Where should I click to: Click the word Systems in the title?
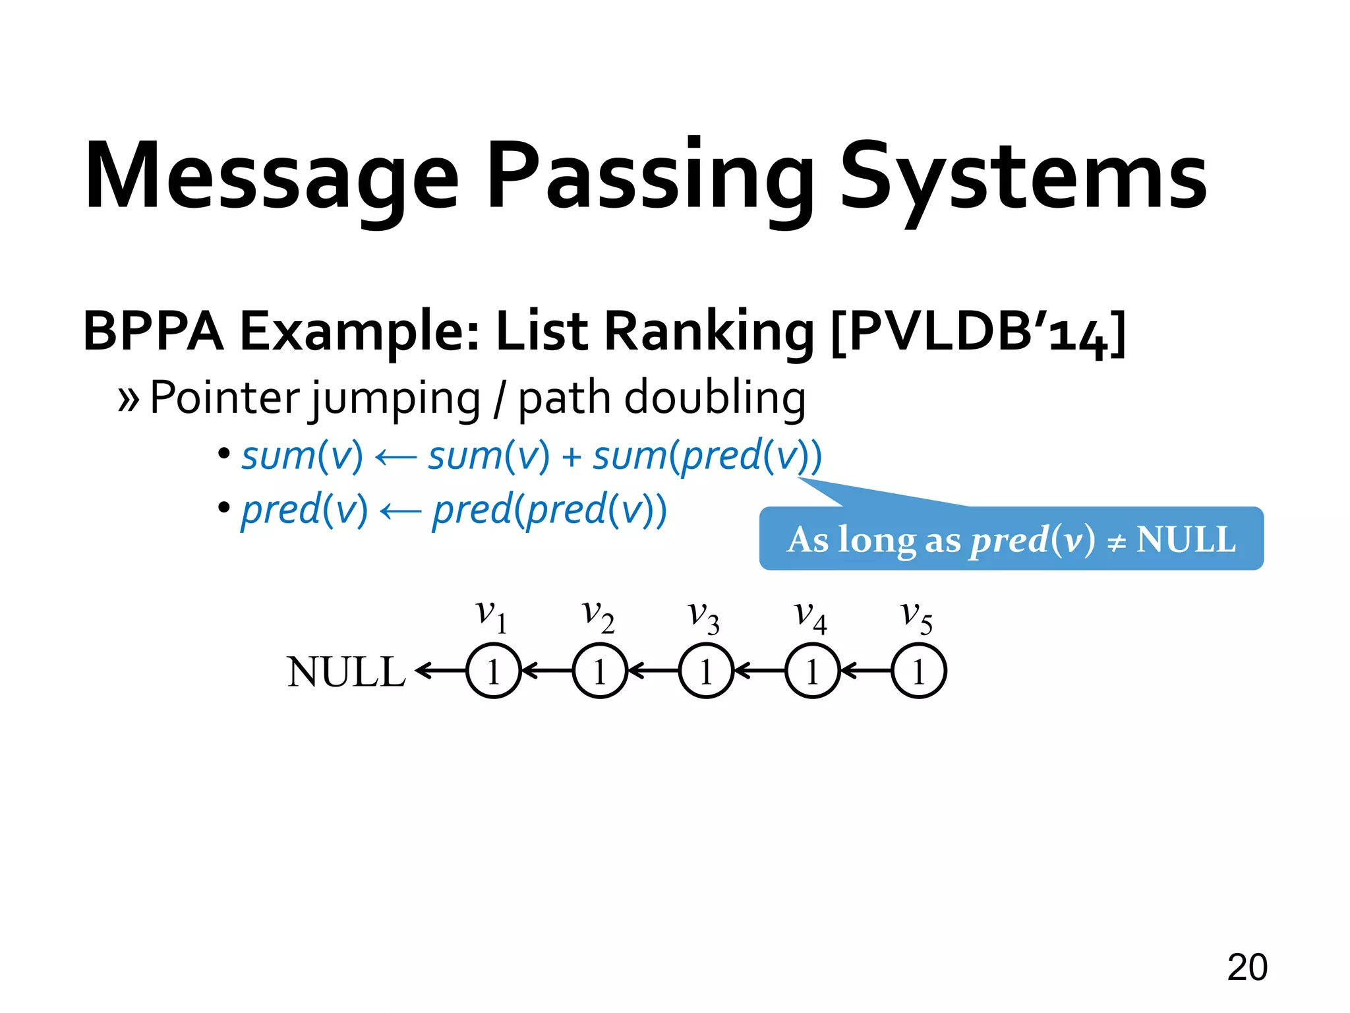coord(1023,177)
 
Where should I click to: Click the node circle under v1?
coord(493,671)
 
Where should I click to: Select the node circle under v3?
coord(706,671)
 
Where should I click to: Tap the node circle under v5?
coord(919,671)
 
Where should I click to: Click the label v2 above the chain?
coord(598,617)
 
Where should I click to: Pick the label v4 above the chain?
coord(810,617)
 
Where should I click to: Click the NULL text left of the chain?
coord(346,673)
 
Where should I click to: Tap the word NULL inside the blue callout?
coord(1186,539)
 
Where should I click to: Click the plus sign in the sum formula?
coord(571,456)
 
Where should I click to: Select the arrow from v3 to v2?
coord(653,671)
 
